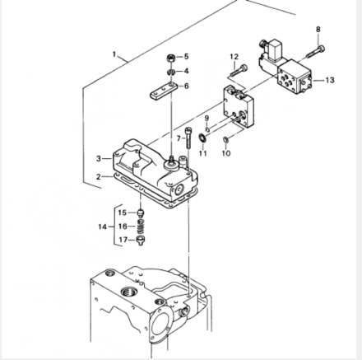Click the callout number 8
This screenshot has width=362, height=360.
pos(318,29)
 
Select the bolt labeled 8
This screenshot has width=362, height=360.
pos(315,52)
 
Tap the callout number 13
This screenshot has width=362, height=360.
pos(330,80)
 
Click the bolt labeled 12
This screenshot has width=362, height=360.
pos(239,70)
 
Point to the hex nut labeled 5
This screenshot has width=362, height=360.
pos(170,58)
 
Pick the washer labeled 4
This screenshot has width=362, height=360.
pos(171,72)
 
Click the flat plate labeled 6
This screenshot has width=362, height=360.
pos(163,91)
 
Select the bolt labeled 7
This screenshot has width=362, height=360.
pos(188,138)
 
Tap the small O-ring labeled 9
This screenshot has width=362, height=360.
pos(207,129)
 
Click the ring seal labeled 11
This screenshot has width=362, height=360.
pos(203,138)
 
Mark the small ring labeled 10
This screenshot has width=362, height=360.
pos(225,140)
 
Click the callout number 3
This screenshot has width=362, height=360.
pos(99,158)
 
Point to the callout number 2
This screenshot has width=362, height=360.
pos(99,177)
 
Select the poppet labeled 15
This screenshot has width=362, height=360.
pos(141,213)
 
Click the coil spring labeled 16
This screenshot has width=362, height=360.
pos(140,226)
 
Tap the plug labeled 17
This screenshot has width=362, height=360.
pos(141,241)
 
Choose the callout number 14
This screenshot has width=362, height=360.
pos(103,227)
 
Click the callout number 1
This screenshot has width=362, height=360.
pos(114,54)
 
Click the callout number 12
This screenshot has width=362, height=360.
pos(234,57)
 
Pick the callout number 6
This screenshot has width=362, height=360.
pos(186,86)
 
